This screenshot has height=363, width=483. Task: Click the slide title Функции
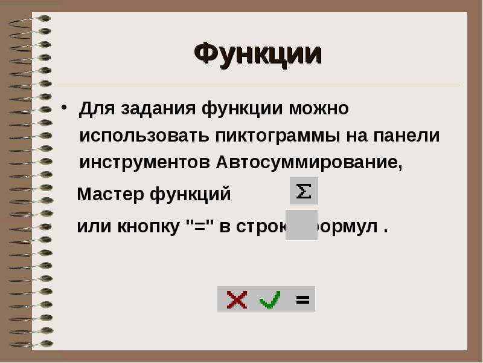(x=258, y=54)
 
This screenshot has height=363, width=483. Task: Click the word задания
(x=158, y=109)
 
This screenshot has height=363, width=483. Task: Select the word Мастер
(x=110, y=195)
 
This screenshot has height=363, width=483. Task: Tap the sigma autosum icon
(x=304, y=191)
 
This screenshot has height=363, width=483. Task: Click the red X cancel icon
(x=237, y=299)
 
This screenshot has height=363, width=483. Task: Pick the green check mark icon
(x=269, y=299)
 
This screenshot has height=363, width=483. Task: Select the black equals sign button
(x=302, y=299)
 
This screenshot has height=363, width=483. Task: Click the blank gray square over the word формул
(x=301, y=225)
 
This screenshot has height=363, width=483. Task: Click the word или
(x=92, y=227)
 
